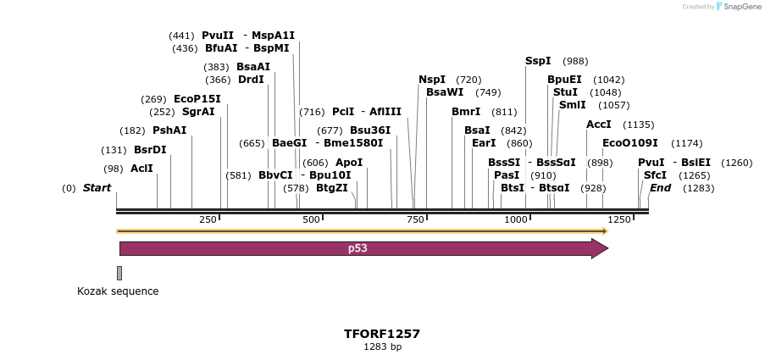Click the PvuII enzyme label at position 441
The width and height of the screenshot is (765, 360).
coord(217,36)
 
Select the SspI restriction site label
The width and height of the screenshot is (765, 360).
coord(538,61)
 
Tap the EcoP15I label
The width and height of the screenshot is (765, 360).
coord(197,98)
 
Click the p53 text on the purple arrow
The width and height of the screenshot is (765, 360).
coord(358,249)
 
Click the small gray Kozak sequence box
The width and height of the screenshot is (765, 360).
coord(119,273)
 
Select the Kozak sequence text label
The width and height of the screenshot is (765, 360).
coord(118,291)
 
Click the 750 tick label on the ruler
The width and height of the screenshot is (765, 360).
coord(416,219)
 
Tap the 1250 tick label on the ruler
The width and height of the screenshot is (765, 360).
coord(619,219)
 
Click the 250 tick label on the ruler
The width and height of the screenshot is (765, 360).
coord(208,219)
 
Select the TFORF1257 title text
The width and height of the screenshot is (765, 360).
coord(382,334)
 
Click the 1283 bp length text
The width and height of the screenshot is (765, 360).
coord(382,347)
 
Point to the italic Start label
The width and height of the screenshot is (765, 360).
coord(97,188)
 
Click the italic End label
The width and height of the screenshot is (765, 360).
coord(660,188)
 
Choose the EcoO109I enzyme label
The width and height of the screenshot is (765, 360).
coord(629,143)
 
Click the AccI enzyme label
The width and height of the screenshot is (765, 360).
coord(598,125)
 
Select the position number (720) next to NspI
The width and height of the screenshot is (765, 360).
coord(468,80)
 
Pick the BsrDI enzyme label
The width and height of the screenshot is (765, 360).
coord(150,150)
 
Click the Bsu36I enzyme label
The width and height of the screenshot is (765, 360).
coord(370,130)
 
